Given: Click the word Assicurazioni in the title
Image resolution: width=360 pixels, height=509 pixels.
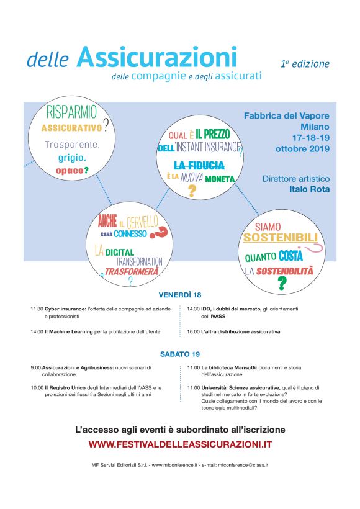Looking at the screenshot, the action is click(x=157, y=58).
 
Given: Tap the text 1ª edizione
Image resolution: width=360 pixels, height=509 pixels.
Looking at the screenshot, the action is click(x=305, y=63).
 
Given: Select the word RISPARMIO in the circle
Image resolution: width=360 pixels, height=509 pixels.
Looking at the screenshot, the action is click(x=72, y=112).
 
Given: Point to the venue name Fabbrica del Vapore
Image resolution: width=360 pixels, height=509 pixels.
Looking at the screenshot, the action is click(x=286, y=116).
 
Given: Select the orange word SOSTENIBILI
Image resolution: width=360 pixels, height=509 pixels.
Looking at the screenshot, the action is click(x=280, y=238).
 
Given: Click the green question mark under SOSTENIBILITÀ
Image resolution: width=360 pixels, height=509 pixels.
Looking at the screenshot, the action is click(x=281, y=284).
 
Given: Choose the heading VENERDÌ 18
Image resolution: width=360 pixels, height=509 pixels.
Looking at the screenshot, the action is click(x=179, y=295).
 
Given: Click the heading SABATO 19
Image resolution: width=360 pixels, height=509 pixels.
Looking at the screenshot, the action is click(x=179, y=354).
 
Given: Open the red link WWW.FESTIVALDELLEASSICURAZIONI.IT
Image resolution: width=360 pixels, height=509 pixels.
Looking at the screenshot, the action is click(x=180, y=444).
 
